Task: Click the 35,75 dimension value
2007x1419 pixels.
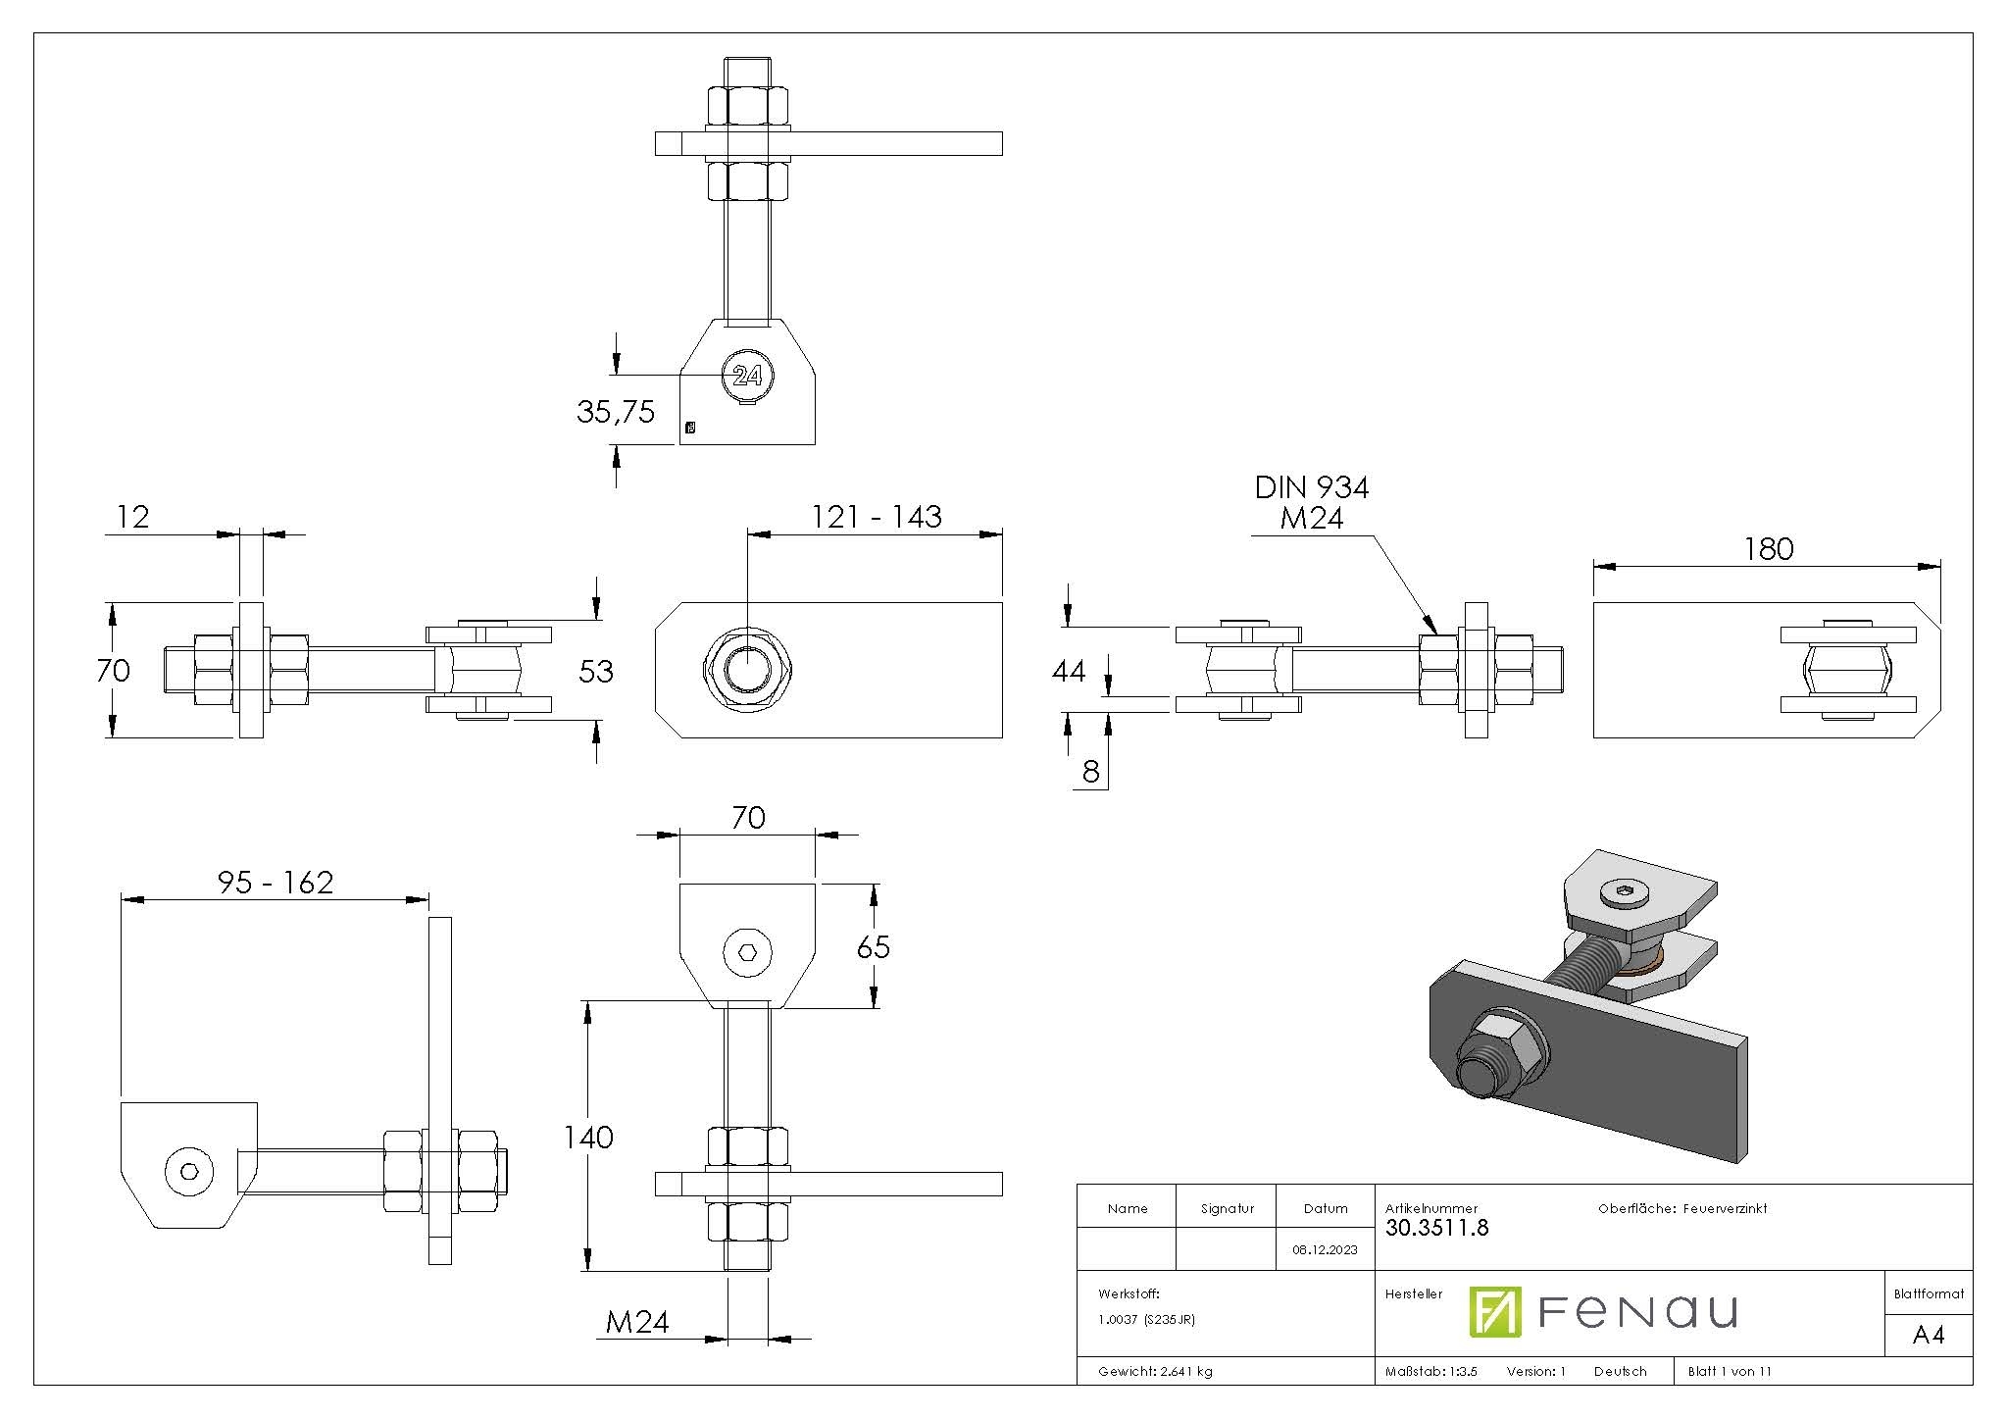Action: pyautogui.click(x=615, y=412)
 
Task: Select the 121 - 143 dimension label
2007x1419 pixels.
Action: pyautogui.click(x=876, y=517)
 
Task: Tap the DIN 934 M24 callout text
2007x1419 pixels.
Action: pyautogui.click(x=1311, y=502)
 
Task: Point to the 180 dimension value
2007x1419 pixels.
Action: pyautogui.click(x=1768, y=549)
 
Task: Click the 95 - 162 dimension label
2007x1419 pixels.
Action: pyautogui.click(x=276, y=883)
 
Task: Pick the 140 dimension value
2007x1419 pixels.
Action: pyautogui.click(x=587, y=1138)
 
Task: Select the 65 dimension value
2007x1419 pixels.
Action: pyautogui.click(x=873, y=947)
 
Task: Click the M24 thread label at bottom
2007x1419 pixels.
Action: pyautogui.click(x=637, y=1323)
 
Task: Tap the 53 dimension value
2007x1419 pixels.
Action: pyautogui.click(x=595, y=672)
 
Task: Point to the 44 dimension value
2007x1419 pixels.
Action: pyautogui.click(x=1068, y=672)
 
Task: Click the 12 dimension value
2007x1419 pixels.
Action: pyautogui.click(x=132, y=517)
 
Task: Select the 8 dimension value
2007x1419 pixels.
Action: pyautogui.click(x=1091, y=773)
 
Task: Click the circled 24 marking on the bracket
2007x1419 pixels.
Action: pyautogui.click(x=747, y=376)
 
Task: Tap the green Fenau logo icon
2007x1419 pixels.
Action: pyautogui.click(x=1494, y=1312)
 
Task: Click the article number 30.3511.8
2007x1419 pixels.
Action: pyautogui.click(x=1436, y=1228)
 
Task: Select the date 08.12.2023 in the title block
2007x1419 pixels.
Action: pyautogui.click(x=1325, y=1249)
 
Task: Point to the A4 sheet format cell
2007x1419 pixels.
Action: pyautogui.click(x=1928, y=1335)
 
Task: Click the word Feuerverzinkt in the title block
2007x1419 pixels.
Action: pyautogui.click(x=1725, y=1209)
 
